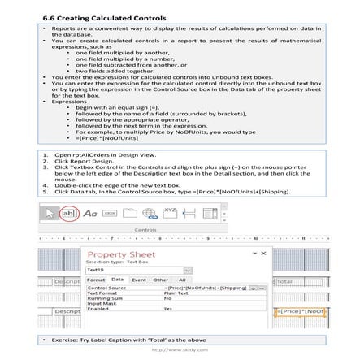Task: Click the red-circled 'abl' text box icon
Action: point(70,212)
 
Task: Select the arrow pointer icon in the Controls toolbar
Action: point(50,212)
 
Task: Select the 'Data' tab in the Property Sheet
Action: point(117,278)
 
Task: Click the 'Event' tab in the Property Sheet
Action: point(135,278)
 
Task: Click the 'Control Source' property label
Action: point(106,288)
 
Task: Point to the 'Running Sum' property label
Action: point(102,298)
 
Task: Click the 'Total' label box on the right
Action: point(312,281)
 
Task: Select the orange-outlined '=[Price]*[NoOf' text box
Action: point(312,311)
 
